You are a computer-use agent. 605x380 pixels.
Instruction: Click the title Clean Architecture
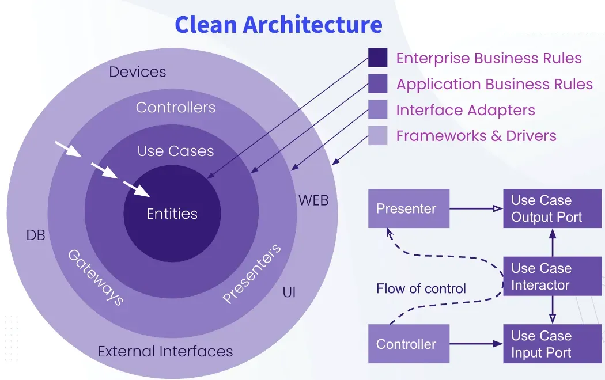click(278, 25)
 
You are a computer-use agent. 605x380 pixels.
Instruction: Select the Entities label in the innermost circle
click(172, 214)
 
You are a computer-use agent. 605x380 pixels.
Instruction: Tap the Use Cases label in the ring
click(176, 151)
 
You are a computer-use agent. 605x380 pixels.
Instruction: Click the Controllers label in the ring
click(176, 108)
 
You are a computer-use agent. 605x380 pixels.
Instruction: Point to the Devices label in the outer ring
click(138, 72)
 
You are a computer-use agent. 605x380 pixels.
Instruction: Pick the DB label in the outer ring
click(36, 235)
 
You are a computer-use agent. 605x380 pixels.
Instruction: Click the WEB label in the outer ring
click(313, 200)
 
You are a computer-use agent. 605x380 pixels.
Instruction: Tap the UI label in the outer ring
click(289, 292)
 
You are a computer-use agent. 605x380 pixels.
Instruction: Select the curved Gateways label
click(96, 277)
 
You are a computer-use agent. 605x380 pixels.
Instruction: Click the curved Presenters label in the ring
click(252, 273)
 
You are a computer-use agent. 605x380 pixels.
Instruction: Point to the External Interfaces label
click(165, 351)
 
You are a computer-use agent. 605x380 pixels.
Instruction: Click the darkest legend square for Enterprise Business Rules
click(377, 58)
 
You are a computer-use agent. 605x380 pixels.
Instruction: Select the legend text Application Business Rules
click(494, 85)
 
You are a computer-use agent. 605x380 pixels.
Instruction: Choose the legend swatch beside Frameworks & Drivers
click(377, 136)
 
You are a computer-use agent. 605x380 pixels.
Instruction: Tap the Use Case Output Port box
click(544, 208)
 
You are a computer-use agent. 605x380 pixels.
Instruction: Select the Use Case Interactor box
click(544, 276)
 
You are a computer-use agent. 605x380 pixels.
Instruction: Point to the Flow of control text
click(421, 288)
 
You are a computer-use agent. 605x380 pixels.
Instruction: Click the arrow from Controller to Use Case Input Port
click(476, 344)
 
